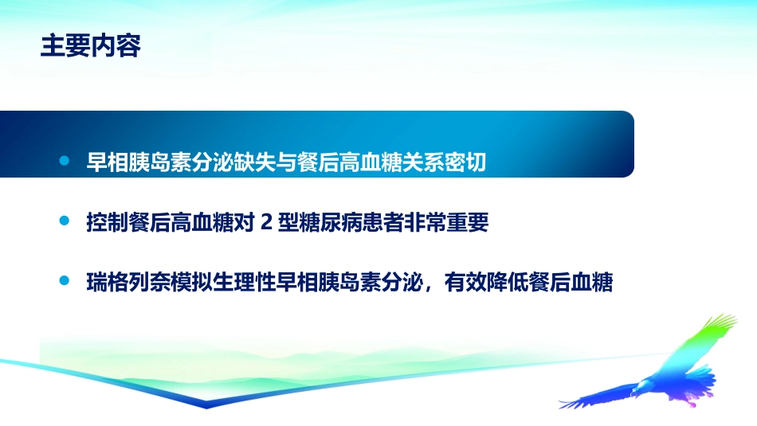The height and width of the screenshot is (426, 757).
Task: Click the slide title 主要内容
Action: click(91, 46)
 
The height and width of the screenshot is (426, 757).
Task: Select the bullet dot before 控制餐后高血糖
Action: click(65, 222)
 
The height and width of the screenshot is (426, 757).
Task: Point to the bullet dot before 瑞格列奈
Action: click(65, 282)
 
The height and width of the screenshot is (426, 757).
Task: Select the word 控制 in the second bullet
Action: click(106, 223)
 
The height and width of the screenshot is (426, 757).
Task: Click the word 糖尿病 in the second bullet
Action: click(324, 223)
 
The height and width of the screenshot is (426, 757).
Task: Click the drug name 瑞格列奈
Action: click(126, 283)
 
